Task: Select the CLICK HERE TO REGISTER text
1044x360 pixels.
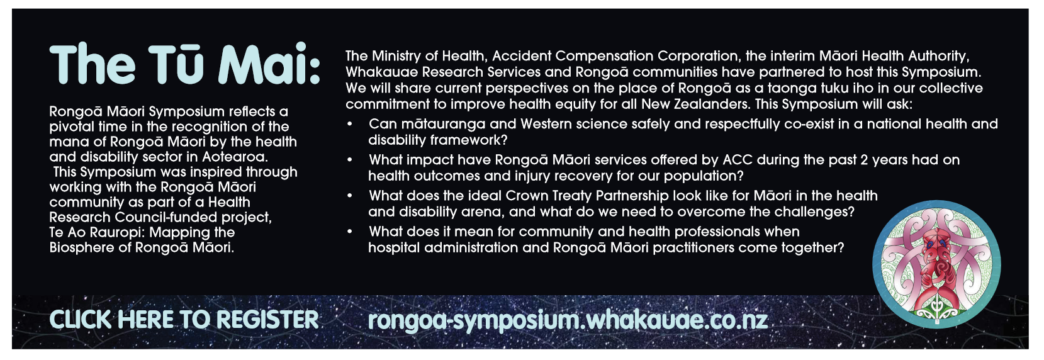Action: click(x=184, y=320)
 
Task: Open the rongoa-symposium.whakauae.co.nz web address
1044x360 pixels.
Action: click(x=568, y=320)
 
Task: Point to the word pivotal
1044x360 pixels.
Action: click(x=71, y=127)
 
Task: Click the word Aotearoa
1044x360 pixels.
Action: click(x=235, y=157)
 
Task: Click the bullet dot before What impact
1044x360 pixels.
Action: click(x=350, y=160)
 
